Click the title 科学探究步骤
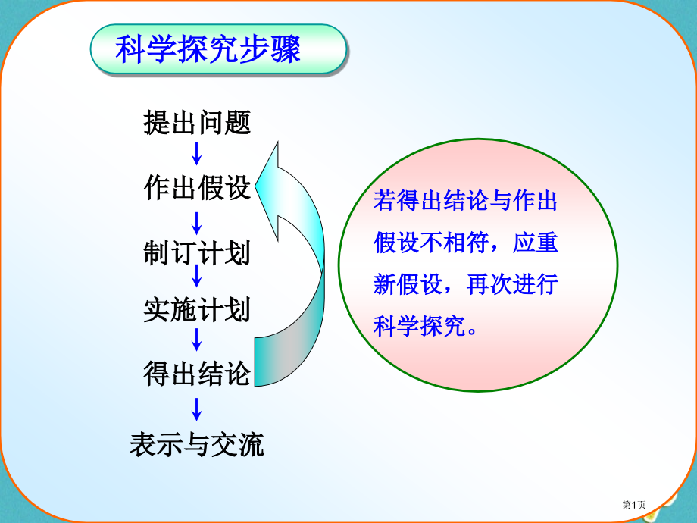coord(208,50)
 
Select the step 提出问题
coord(197,122)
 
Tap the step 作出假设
coord(197,188)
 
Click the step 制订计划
coord(197,252)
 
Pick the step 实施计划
coord(197,309)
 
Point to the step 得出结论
coord(197,374)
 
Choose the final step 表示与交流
coord(197,444)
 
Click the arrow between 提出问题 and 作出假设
coord(197,153)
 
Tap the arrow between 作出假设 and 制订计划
coord(197,221)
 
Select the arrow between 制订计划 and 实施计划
coord(197,275)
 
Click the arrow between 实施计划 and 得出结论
coord(197,340)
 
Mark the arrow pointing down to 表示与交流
coord(197,409)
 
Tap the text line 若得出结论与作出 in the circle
coord(465,202)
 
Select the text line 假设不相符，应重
coord(465,243)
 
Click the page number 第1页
coord(635,506)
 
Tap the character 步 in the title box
coord(254,50)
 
